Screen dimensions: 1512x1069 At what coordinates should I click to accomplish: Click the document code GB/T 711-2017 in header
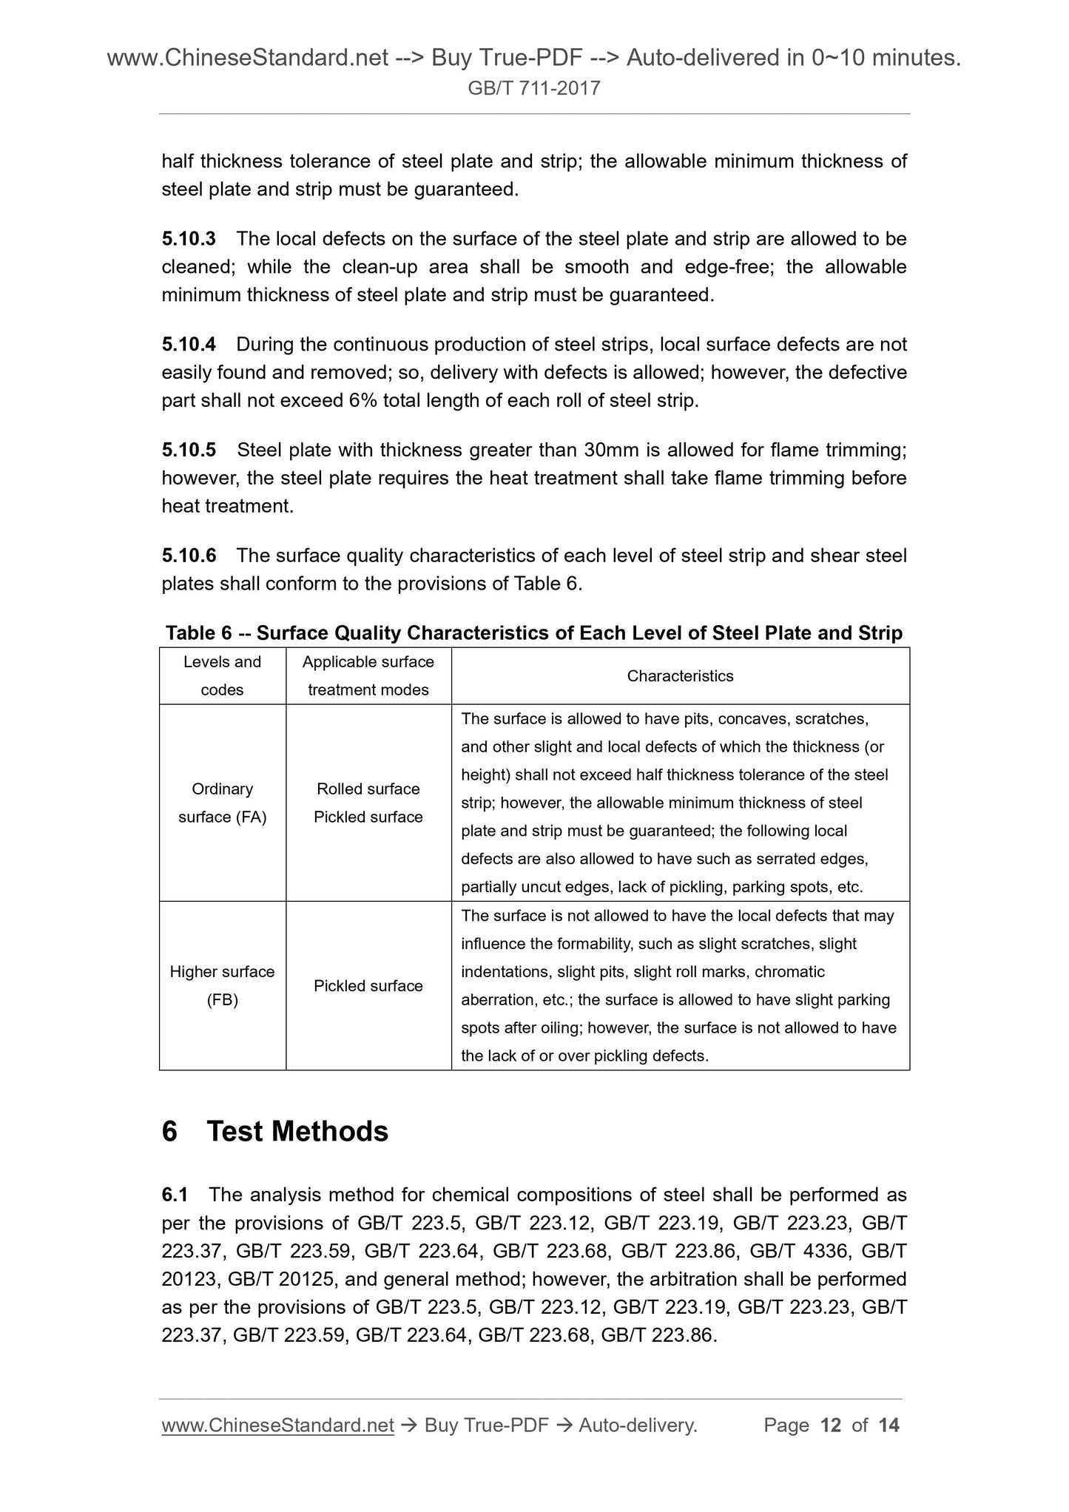point(534,89)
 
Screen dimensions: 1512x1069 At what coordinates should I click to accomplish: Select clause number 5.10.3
point(189,239)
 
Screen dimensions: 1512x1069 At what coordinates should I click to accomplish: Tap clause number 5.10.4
point(189,345)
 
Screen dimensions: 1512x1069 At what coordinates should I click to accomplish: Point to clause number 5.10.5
point(189,450)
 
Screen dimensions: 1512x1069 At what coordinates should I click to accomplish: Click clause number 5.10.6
point(189,556)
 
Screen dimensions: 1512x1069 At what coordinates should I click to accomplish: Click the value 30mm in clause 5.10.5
point(610,450)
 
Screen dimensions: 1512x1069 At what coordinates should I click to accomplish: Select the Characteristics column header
point(680,676)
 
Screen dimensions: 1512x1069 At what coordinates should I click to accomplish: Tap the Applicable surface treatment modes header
point(368,676)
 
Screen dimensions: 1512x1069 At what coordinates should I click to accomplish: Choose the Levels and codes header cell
point(222,676)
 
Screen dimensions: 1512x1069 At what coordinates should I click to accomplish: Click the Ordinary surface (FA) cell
point(222,803)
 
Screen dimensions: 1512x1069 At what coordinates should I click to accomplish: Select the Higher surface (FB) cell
point(222,985)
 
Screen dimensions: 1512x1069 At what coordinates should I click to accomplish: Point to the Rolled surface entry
point(368,789)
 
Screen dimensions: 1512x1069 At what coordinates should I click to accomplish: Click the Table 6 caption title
point(534,633)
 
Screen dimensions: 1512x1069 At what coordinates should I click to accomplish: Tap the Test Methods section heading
point(297,1132)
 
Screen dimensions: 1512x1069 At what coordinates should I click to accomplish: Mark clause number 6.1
point(175,1195)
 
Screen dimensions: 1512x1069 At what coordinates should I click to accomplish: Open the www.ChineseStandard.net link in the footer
point(277,1425)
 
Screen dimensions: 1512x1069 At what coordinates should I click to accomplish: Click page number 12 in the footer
point(831,1425)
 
